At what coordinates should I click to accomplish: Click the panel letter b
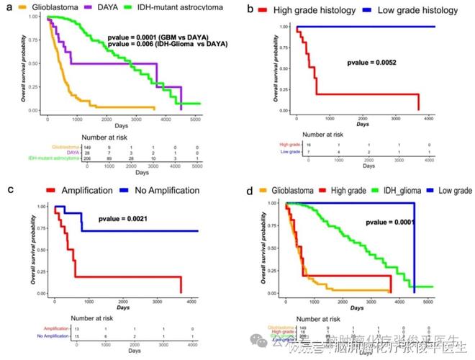[x=249, y=9]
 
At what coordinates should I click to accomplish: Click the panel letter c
[x=9, y=190]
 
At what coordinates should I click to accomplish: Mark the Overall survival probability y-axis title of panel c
[x=37, y=249]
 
